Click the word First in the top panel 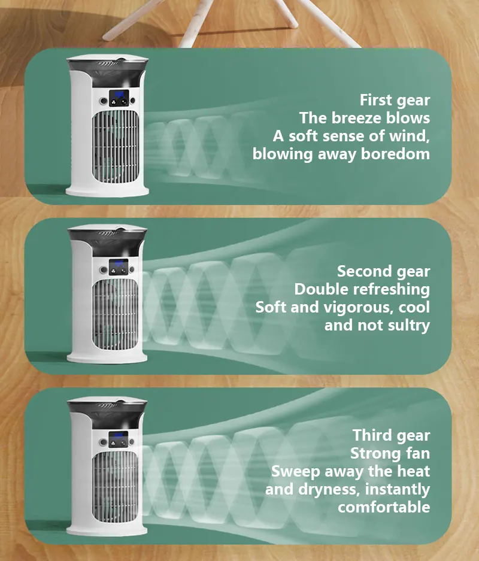point(375,100)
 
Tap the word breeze point(356,118)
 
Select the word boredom point(395,154)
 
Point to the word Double point(318,289)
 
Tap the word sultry point(410,326)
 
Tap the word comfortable point(384,507)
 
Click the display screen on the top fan point(119,98)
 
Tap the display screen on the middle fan point(119,267)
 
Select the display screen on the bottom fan point(119,439)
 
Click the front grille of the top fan point(115,147)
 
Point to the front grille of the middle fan point(115,315)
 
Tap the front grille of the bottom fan point(115,487)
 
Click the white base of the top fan point(107,192)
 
